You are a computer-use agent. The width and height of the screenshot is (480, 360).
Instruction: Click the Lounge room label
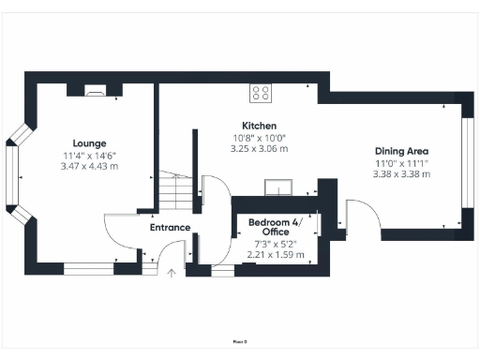coord(82,143)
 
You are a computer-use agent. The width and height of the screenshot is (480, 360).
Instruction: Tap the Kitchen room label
coord(259,126)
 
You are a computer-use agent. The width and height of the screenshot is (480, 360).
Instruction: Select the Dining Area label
coord(400,150)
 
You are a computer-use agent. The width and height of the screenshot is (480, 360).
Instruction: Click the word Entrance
coord(170,227)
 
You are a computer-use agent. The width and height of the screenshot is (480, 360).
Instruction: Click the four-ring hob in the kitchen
coord(261,93)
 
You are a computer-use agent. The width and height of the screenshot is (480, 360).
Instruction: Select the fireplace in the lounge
coord(97,91)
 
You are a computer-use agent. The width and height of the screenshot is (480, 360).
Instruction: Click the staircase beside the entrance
coord(171,192)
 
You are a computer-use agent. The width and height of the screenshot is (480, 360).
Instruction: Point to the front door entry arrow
coord(171,274)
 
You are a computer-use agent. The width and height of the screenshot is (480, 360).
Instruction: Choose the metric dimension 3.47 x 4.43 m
coord(82,166)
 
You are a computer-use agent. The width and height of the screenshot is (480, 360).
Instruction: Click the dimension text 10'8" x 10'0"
coord(259,138)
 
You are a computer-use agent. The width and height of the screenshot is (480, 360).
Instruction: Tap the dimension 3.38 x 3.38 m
coord(400,173)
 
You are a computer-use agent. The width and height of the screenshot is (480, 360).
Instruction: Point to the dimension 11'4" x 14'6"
coord(82,155)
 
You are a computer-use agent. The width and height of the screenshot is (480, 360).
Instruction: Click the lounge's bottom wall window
coord(88,270)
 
